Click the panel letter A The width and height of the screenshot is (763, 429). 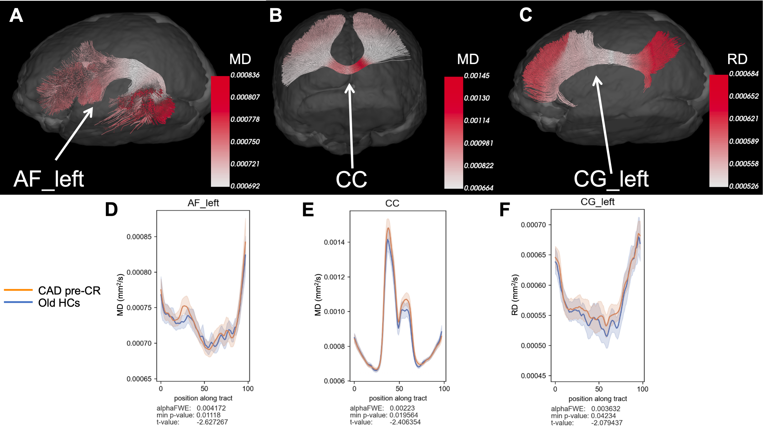coord(16,16)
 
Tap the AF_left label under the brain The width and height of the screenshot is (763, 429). coord(49,179)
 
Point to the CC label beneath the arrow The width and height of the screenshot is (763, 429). coord(351,179)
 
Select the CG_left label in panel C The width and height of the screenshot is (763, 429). coord(611,179)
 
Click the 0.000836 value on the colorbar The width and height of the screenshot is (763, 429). coord(245,75)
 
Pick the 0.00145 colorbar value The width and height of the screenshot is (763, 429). coord(477,76)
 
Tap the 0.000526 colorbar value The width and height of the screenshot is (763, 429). coord(744,186)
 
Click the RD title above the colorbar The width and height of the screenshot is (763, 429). coord(737,59)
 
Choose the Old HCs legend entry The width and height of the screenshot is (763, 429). coord(59,303)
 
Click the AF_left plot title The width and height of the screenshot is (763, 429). coord(203,203)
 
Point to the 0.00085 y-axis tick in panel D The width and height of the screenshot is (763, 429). coord(139,237)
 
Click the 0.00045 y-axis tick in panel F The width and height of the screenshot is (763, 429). coord(534,376)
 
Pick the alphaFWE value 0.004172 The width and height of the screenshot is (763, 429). coord(211,408)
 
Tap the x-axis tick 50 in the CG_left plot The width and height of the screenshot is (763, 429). coord(599,389)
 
